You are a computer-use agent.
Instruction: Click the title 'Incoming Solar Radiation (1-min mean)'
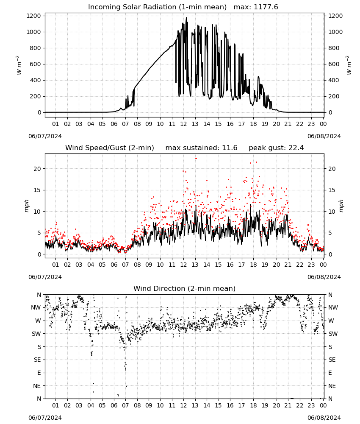pos(157,7)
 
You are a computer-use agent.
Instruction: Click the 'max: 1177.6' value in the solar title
pos(256,7)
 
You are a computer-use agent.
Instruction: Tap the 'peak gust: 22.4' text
pos(276,148)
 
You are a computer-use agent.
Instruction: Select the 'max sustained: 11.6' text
pos(201,148)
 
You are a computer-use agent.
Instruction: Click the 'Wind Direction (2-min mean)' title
pos(185,288)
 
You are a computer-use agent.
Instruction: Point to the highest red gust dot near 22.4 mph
pos(196,159)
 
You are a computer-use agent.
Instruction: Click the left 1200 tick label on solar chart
pos(34,16)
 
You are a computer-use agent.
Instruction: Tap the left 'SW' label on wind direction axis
pos(36,334)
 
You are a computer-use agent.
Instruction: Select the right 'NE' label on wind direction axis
pos(332,386)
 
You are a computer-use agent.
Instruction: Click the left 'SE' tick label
pos(37,360)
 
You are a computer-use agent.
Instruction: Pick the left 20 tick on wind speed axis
pos(38,169)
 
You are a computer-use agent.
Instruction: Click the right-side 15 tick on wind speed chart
pos(332,190)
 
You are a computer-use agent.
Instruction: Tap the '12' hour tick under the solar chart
pos(183,124)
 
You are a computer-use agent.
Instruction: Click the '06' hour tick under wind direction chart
pos(114,406)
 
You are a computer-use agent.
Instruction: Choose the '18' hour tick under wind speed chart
pos(253,265)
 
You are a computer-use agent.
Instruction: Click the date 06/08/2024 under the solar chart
pos(324,136)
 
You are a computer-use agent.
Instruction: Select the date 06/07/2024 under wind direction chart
pos(45,418)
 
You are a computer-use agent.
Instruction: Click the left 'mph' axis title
pos(26,206)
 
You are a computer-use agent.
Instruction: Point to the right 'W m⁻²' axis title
pos(349,65)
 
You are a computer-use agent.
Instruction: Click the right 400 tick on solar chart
pos(334,80)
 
